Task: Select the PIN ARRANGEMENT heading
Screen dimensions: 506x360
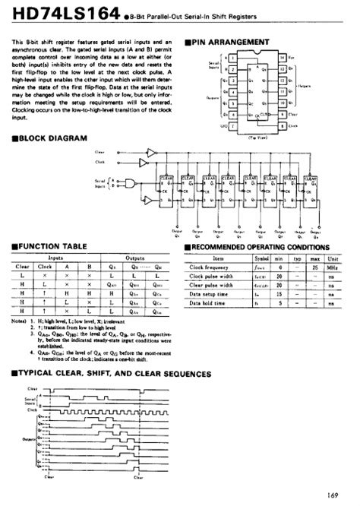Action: click(x=232, y=41)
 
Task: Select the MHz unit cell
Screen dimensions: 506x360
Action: click(x=333, y=268)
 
